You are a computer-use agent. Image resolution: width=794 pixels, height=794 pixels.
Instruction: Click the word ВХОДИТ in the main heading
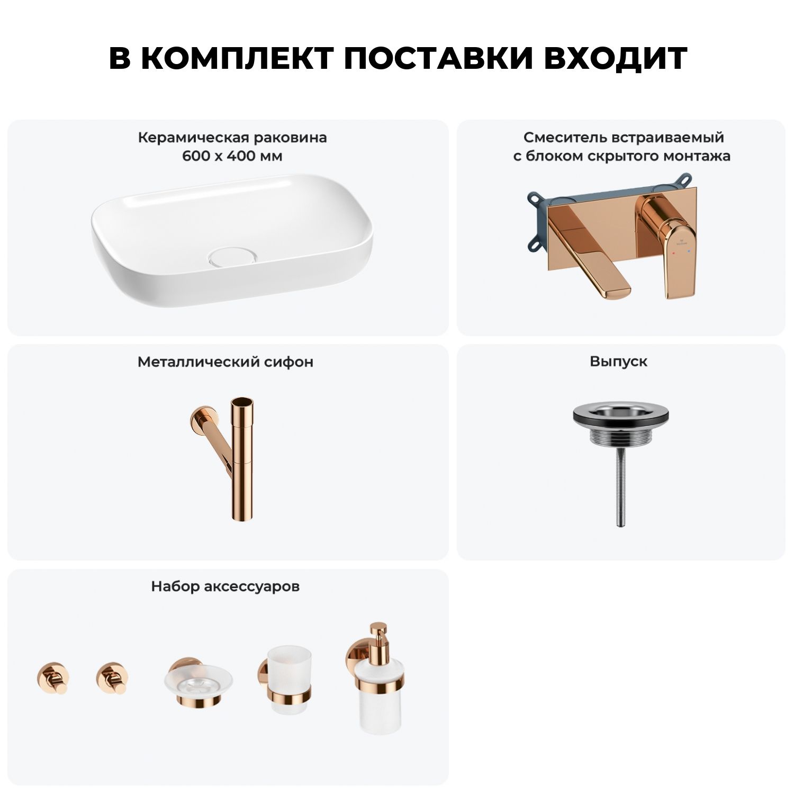(616, 58)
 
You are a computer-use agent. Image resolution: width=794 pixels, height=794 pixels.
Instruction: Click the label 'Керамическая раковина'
(232, 138)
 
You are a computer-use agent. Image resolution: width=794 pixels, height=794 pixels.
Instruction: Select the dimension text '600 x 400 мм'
(232, 157)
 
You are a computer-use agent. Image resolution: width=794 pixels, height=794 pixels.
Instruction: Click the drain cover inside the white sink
(231, 256)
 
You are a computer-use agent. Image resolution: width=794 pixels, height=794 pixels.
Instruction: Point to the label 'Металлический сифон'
(225, 362)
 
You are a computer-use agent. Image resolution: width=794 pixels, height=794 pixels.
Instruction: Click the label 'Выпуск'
(619, 362)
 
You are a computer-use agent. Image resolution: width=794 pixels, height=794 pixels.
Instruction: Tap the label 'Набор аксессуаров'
(225, 587)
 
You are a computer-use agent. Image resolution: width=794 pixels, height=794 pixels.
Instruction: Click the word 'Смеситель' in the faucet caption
(565, 138)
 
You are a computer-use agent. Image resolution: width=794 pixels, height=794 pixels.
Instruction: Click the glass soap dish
(198, 683)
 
